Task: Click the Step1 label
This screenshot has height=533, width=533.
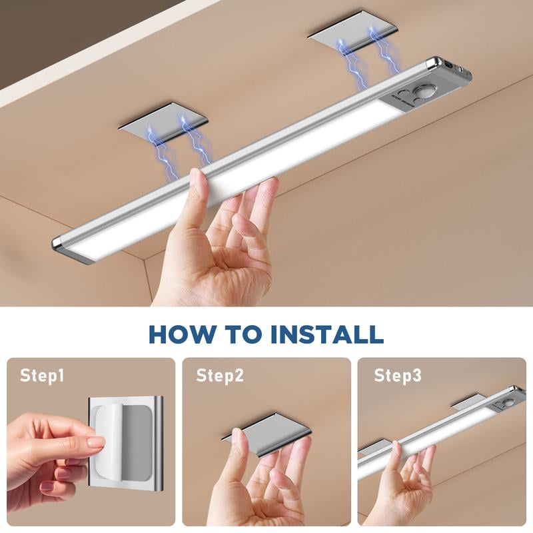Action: pyautogui.click(x=42, y=376)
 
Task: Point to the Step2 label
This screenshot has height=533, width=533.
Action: pyautogui.click(x=219, y=376)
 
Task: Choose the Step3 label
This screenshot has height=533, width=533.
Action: pyautogui.click(x=397, y=376)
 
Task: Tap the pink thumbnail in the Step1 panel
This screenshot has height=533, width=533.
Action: pyautogui.click(x=95, y=442)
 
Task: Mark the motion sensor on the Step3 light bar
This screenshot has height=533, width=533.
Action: pyautogui.click(x=508, y=402)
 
